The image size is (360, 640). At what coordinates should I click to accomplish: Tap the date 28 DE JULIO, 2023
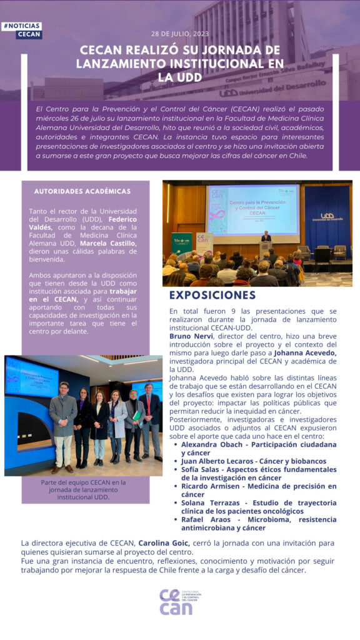click(180, 33)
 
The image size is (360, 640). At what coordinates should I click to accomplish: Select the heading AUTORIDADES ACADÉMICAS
click(82, 191)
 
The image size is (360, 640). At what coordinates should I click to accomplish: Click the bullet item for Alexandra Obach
click(257, 448)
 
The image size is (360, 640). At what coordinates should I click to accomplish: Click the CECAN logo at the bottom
click(179, 602)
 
